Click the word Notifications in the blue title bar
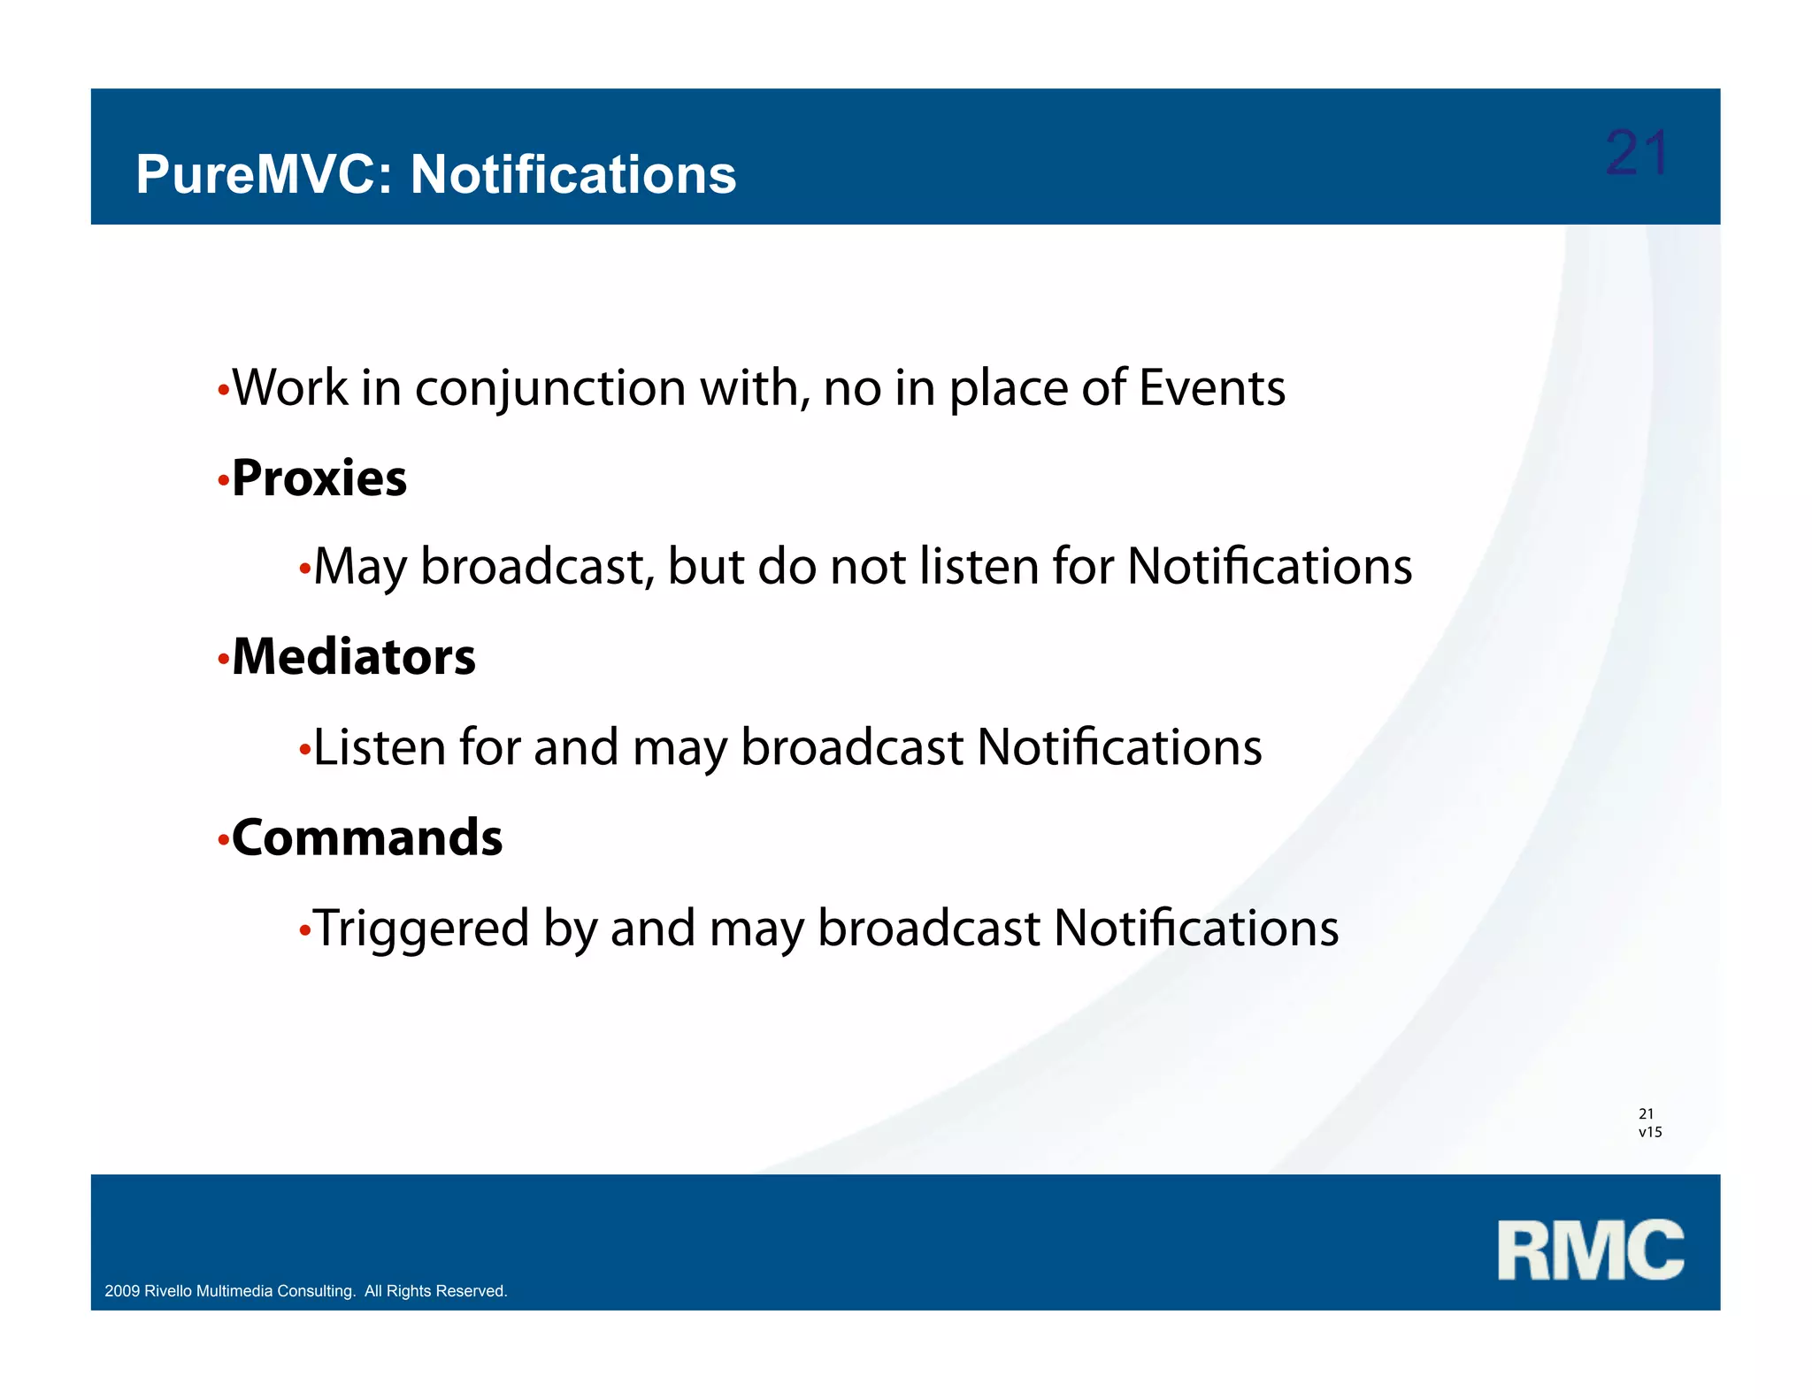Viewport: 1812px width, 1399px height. [572, 174]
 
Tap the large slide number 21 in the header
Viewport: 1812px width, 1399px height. [1636, 154]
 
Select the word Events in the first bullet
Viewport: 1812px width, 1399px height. [1211, 388]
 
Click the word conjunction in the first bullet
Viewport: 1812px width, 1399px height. [550, 389]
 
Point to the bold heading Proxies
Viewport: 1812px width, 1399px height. [319, 478]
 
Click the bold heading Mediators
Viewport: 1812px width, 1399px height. [353, 657]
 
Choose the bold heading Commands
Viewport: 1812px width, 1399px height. [366, 837]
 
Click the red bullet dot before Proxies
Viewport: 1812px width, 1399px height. [223, 483]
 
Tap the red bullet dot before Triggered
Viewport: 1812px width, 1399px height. [304, 931]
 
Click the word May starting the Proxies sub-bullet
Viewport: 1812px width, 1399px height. [359, 567]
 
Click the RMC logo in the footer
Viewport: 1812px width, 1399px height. [1590, 1250]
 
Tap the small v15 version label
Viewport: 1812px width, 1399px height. [1650, 1132]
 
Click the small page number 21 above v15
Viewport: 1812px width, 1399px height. [1646, 1114]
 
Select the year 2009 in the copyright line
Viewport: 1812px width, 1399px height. [122, 1291]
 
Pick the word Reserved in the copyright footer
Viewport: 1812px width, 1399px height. [470, 1291]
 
